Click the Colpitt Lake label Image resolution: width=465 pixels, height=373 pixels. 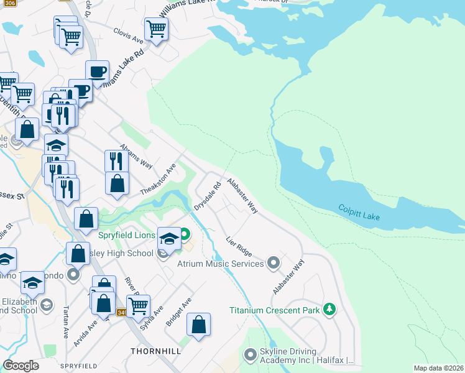359,211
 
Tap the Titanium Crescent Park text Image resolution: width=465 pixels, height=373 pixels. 274,310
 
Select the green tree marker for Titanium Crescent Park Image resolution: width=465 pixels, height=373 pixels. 329,310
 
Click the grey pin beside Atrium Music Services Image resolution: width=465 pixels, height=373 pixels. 273,264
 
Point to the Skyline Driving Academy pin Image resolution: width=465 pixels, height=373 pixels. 250,355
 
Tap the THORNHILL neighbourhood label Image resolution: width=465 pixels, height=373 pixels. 155,351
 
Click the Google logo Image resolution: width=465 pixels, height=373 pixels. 21,366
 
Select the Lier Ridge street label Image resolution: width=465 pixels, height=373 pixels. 239,246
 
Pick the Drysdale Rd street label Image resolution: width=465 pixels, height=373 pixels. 207,195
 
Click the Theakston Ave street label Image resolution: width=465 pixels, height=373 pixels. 159,179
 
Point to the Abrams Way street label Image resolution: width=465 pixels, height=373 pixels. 136,156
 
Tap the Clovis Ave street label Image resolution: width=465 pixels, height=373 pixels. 128,36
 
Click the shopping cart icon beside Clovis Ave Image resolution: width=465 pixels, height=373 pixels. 156,28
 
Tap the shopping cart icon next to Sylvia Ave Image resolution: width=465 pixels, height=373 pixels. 138,305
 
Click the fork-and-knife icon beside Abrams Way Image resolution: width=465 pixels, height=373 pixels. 116,160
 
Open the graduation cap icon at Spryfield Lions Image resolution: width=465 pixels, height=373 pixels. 170,237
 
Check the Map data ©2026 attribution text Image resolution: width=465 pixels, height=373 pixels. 439,368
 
